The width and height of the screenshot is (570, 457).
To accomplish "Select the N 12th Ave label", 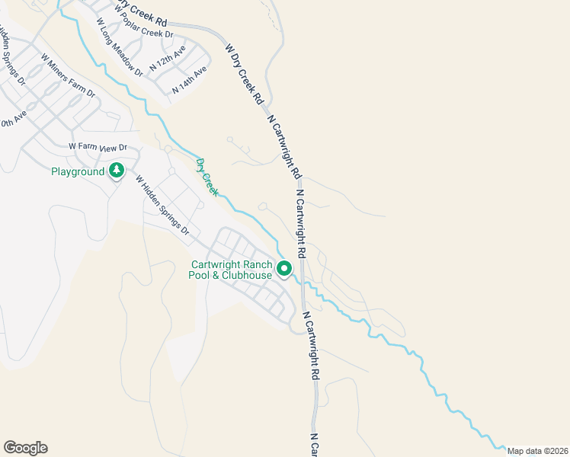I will tap(168, 59).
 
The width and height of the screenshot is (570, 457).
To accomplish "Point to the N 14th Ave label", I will tap(190, 80).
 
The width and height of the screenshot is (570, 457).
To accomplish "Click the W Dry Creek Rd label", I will tap(244, 73).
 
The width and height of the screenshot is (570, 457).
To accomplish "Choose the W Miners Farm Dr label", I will tap(68, 76).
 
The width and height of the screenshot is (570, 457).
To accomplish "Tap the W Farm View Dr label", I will tap(97, 146).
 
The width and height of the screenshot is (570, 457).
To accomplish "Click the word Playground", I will tap(77, 171).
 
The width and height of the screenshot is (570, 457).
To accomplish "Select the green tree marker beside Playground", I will tap(117, 169).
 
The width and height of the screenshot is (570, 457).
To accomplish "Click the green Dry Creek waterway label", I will tap(207, 177).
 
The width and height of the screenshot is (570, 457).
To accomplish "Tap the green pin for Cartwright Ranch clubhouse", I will tap(284, 268).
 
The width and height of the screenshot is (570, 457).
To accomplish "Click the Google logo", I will tap(25, 448).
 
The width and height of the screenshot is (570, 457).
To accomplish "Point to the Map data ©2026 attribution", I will tap(537, 451).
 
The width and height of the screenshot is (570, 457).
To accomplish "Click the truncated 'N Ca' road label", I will tap(314, 446).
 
